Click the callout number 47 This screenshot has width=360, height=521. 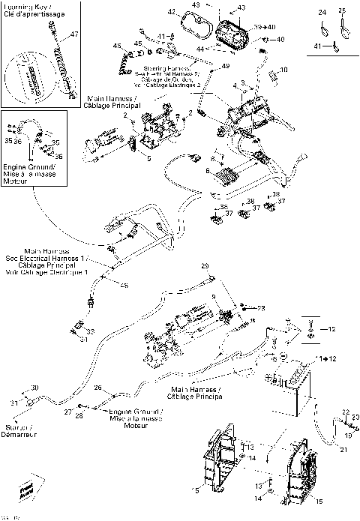(x=73, y=35)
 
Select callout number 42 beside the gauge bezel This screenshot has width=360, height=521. (x=172, y=12)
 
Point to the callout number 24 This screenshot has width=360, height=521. (x=322, y=13)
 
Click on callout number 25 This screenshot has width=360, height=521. (x=343, y=12)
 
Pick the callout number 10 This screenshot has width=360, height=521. (x=283, y=70)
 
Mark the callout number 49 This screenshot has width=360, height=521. (x=226, y=67)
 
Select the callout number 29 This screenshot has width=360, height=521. (x=203, y=266)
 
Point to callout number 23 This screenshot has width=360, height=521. (x=261, y=308)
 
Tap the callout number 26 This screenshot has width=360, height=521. (x=97, y=388)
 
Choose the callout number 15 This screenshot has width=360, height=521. (x=319, y=502)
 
